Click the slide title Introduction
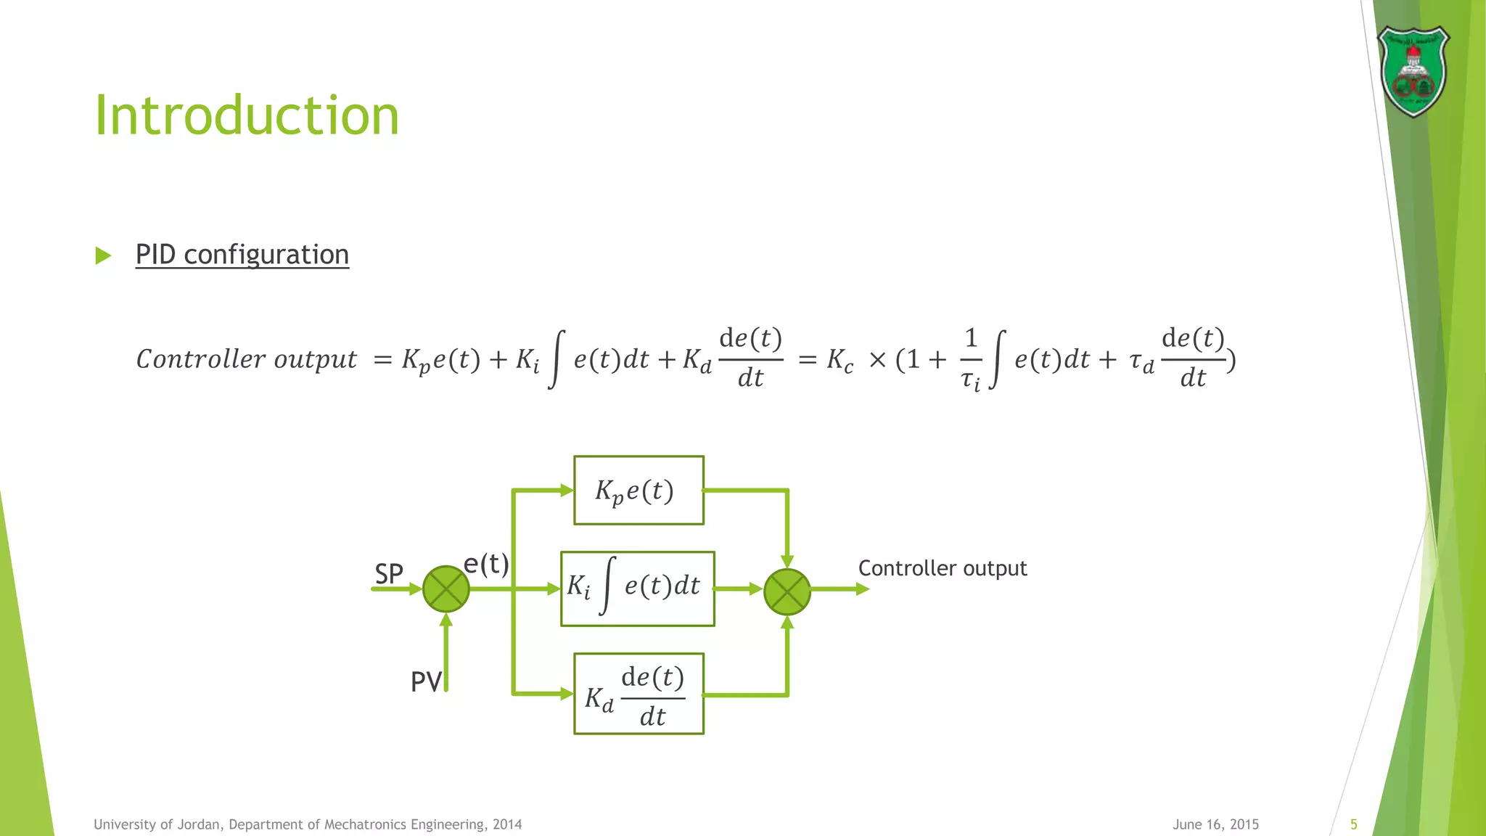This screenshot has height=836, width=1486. tap(247, 116)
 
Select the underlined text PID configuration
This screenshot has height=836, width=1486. tap(242, 255)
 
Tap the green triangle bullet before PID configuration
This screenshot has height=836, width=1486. tap(103, 255)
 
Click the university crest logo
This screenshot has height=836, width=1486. tap(1413, 71)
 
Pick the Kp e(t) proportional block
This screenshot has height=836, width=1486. tap(639, 491)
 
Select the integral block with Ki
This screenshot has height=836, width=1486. tap(637, 589)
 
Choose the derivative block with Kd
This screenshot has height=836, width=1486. tap(639, 694)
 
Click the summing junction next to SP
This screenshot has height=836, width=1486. tap(446, 589)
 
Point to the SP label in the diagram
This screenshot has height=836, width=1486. tap(389, 574)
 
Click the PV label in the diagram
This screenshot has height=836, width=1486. tap(426, 682)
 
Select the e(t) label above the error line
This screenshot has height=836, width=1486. tap(486, 563)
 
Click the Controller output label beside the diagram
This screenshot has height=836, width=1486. tap(943, 568)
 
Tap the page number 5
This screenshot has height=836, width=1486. tap(1353, 824)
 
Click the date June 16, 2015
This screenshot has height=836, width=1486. tap(1215, 824)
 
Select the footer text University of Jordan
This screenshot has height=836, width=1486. tap(308, 824)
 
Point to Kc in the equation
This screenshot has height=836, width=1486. tap(840, 360)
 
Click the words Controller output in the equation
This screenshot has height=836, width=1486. tap(247, 359)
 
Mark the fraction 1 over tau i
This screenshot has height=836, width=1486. tap(971, 359)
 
